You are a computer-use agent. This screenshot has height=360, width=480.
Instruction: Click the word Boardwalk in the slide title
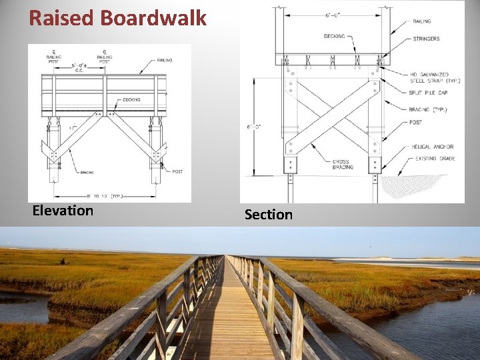[153, 18]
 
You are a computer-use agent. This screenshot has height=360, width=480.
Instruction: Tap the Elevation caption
[63, 211]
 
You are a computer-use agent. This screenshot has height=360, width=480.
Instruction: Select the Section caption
[268, 215]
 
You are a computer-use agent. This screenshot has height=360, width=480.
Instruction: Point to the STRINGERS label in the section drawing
[426, 39]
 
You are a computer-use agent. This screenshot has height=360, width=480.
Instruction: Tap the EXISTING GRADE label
[434, 159]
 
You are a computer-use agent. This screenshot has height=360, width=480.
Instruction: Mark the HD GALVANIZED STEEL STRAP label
[435, 77]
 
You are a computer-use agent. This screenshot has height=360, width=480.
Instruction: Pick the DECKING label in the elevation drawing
[131, 100]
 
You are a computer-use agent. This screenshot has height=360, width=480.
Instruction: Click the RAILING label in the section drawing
[422, 22]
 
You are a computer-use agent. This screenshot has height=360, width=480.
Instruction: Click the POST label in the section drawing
[416, 122]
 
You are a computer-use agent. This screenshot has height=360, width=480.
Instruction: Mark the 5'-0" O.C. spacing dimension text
[77, 67]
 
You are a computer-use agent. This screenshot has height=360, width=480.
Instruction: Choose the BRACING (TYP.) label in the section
[431, 109]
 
